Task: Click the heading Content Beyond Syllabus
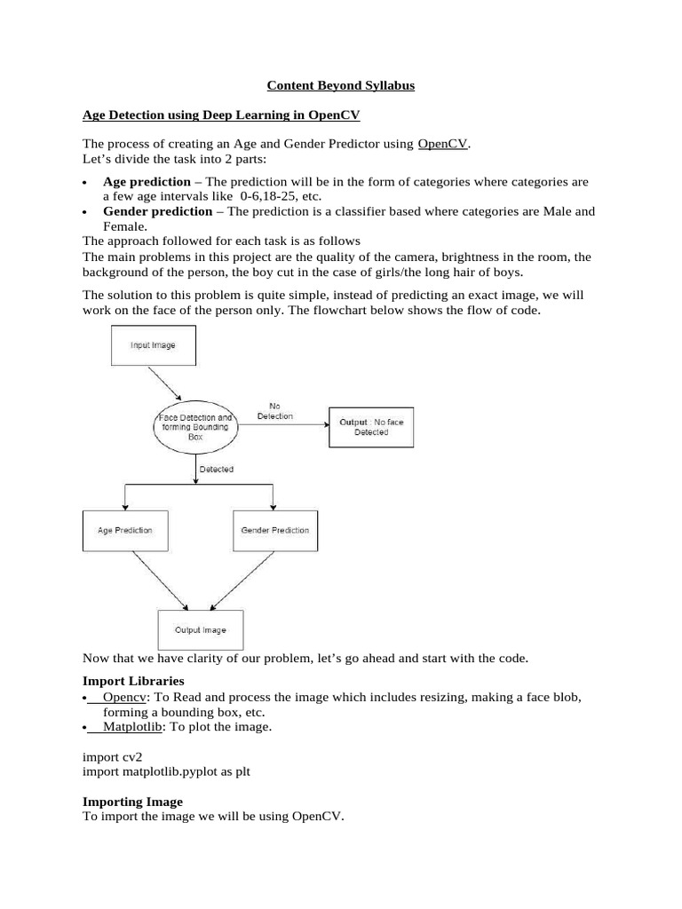coord(341,86)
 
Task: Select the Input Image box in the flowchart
coord(153,345)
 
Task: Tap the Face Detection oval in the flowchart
coord(194,427)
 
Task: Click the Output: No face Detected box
coord(370,427)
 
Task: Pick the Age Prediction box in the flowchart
coord(124,530)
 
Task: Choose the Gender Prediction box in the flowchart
coord(275,530)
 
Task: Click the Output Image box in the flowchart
coord(200,630)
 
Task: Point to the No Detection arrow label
coord(274,410)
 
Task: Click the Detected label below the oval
coord(217,469)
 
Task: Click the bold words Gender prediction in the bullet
coord(157,211)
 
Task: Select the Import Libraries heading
coord(133,681)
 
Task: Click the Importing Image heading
coord(132,802)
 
